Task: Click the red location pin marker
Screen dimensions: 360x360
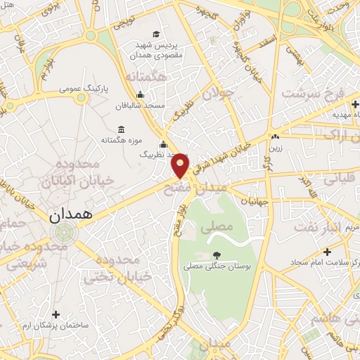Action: click(x=181, y=165)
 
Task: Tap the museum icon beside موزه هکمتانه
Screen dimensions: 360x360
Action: click(x=122, y=130)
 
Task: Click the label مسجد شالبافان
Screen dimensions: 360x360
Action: click(x=141, y=105)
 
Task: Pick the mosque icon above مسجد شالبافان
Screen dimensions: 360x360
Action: click(x=141, y=95)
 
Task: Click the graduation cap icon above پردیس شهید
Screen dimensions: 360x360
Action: click(x=156, y=32)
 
